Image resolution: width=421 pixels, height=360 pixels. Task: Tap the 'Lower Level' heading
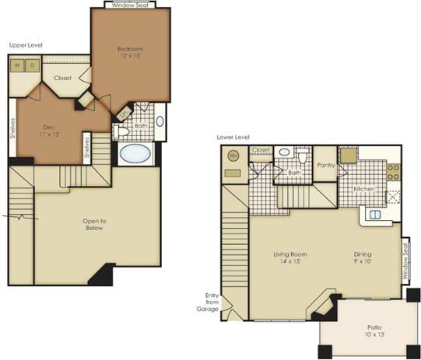pos(233,137)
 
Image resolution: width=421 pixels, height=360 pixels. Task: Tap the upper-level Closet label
pos(63,79)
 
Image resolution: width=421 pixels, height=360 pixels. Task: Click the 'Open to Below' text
pos(96,225)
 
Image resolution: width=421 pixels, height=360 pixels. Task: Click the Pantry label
pos(326,165)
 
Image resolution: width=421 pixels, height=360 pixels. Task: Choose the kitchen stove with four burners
pos(393,173)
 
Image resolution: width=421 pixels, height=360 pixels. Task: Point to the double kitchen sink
pos(375,215)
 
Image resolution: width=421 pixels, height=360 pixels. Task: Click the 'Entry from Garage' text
pos(210,302)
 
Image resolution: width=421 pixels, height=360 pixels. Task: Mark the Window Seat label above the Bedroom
pos(130,5)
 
